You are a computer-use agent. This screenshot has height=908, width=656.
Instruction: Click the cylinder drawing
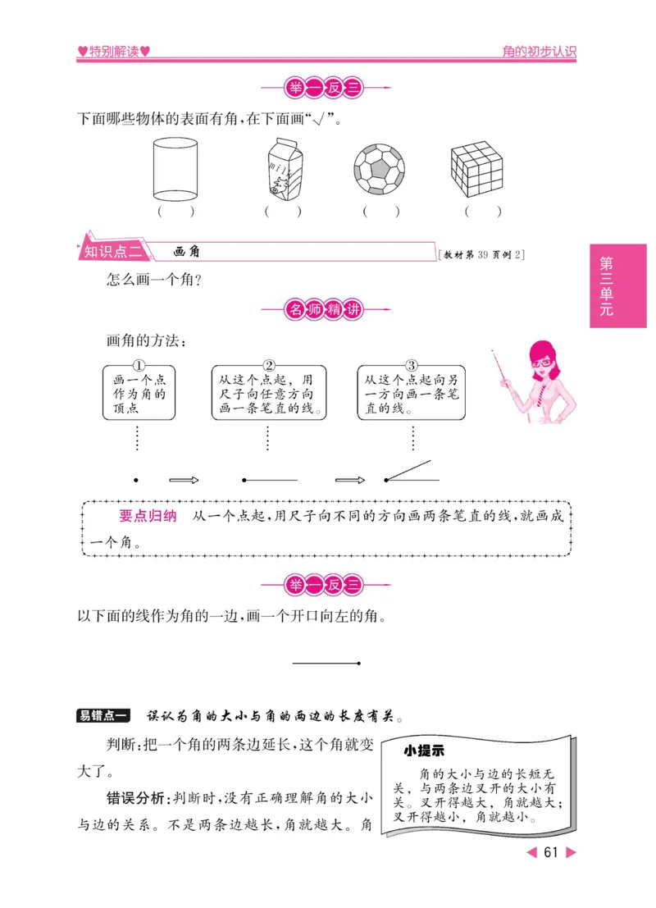pos(175,170)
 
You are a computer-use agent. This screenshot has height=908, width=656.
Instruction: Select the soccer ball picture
pos(380,170)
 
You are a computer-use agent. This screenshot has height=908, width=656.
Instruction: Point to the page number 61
pos(550,852)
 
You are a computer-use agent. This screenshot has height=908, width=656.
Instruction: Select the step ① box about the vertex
pos(139,393)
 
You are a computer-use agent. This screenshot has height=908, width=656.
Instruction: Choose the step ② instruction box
pos(268,393)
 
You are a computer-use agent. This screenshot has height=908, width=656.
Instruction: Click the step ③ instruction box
pos(411,393)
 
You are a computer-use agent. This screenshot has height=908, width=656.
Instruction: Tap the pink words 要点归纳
pos(148,517)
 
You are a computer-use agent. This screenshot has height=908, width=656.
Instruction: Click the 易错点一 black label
pos(102,716)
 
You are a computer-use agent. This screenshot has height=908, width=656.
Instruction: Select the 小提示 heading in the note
pos(424,751)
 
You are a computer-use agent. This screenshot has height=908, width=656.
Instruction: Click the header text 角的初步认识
pos(539,52)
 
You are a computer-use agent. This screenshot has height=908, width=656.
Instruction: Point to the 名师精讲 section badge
pos(326,310)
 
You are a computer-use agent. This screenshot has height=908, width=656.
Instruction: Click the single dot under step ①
pos(136,480)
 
